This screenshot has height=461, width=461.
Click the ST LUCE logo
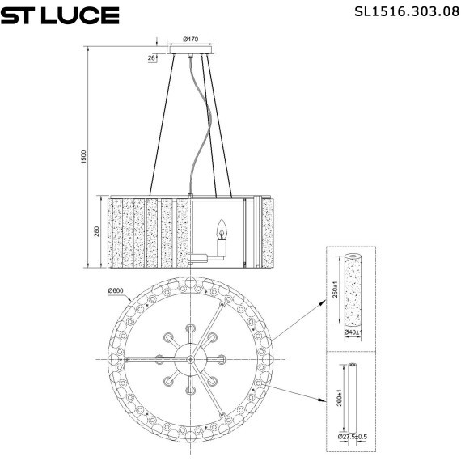pyautogui.click(x=61, y=15)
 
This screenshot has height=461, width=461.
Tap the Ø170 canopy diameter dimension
pyautogui.click(x=191, y=38)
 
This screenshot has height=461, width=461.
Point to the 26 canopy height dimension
pyautogui.click(x=152, y=58)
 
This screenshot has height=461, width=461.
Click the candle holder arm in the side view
pyautogui.click(x=206, y=257)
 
